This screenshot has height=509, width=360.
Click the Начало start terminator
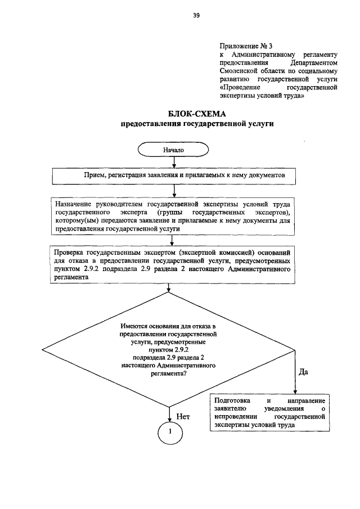tap(173, 151)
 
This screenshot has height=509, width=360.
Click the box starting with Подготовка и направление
tap(269, 413)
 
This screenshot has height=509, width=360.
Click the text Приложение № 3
tap(241, 45)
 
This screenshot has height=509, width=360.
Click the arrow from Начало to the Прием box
tap(174, 163)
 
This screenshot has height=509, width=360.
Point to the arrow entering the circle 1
tap(169, 413)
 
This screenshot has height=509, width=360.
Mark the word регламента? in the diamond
tap(168, 380)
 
